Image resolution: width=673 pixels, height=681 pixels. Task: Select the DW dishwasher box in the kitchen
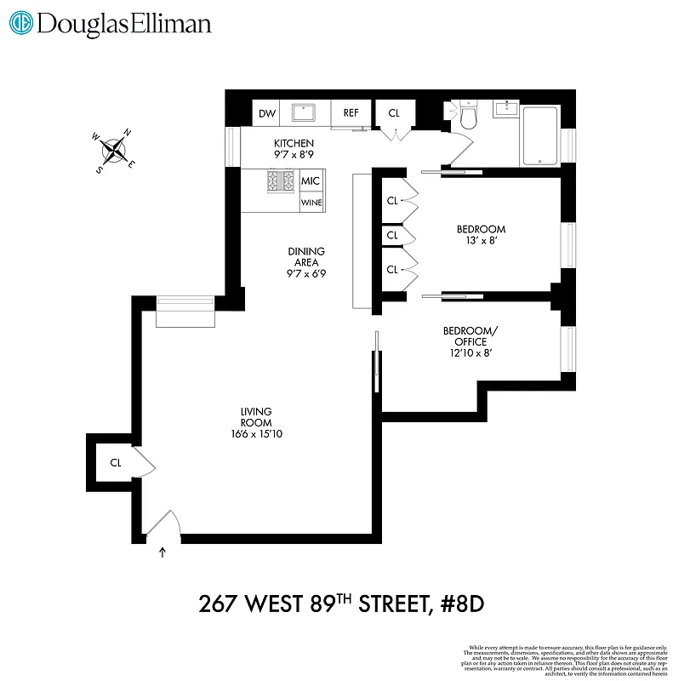[267, 113]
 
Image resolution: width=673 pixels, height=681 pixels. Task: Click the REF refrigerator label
[351, 113]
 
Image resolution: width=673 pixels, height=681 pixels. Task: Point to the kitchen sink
[304, 112]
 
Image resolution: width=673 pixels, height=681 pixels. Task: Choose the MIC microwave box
[311, 181]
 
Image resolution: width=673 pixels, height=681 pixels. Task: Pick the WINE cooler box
[311, 203]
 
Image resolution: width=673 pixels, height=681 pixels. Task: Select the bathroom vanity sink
[509, 108]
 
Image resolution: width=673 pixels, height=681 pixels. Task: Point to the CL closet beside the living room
[116, 463]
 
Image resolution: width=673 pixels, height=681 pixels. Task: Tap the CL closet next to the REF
[394, 113]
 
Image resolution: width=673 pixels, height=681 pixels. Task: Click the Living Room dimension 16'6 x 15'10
[255, 433]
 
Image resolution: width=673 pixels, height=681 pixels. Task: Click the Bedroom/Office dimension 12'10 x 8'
[465, 353]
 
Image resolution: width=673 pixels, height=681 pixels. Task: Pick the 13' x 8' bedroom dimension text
[481, 241]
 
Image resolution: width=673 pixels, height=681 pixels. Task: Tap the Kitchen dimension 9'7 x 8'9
[294, 155]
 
